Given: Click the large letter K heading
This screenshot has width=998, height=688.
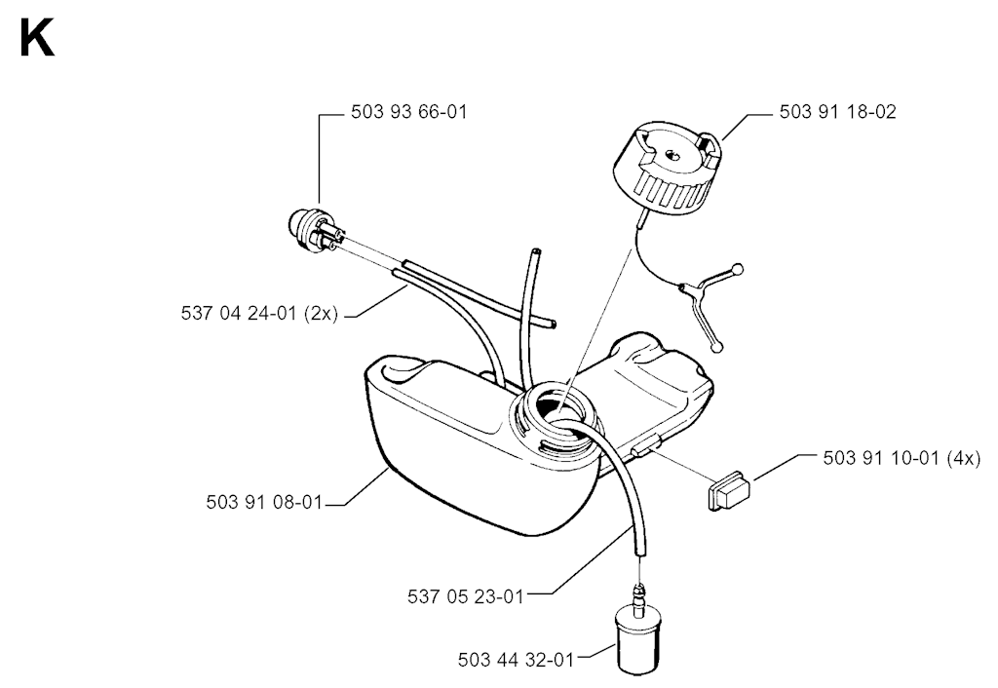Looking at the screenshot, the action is tap(37, 39).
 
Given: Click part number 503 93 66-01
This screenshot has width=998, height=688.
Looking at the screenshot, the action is tap(409, 112).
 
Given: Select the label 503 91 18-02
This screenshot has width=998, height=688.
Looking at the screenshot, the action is tap(837, 112).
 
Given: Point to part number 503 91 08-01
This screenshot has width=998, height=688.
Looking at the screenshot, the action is tap(264, 502).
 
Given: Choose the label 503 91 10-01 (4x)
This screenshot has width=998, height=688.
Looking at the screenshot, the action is tap(902, 458).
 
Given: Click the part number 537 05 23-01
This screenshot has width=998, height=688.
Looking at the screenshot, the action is tap(465, 596).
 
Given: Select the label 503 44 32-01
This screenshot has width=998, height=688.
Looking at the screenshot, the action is tap(517, 660).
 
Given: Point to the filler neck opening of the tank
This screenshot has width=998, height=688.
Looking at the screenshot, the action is tap(556, 415).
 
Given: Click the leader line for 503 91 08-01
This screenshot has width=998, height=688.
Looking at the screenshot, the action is tap(358, 487).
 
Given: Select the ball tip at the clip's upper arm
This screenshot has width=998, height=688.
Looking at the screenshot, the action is tap(738, 268).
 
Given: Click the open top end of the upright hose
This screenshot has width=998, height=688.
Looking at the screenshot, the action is tap(536, 252).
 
